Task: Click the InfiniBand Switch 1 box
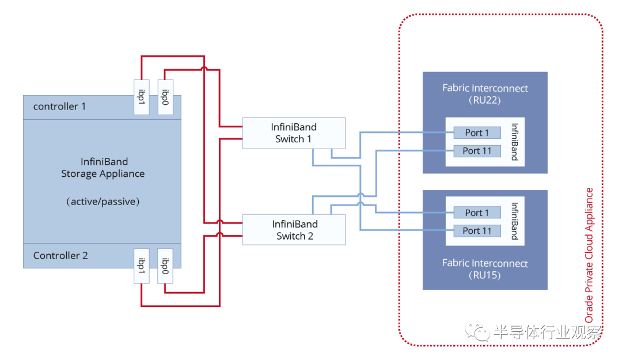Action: tap(294, 133)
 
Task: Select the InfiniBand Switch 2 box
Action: tap(294, 229)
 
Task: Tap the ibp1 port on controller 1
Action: tap(141, 97)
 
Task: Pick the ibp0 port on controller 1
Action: tap(165, 97)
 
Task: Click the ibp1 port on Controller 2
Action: tap(141, 266)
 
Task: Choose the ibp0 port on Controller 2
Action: tap(165, 266)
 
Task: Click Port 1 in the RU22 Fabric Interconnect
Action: tap(476, 133)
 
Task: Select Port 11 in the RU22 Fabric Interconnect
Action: tap(476, 151)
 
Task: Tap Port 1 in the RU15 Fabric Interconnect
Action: tap(476, 213)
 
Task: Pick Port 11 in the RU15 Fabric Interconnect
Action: tap(476, 231)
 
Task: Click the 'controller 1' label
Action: tap(59, 107)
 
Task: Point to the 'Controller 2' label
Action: tap(60, 256)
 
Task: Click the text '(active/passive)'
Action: tap(103, 202)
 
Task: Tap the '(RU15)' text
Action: tap(485, 275)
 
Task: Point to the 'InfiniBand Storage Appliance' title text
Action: tap(103, 168)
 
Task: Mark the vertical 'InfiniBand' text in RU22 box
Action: tap(514, 142)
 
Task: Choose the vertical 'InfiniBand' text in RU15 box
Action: tap(514, 221)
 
